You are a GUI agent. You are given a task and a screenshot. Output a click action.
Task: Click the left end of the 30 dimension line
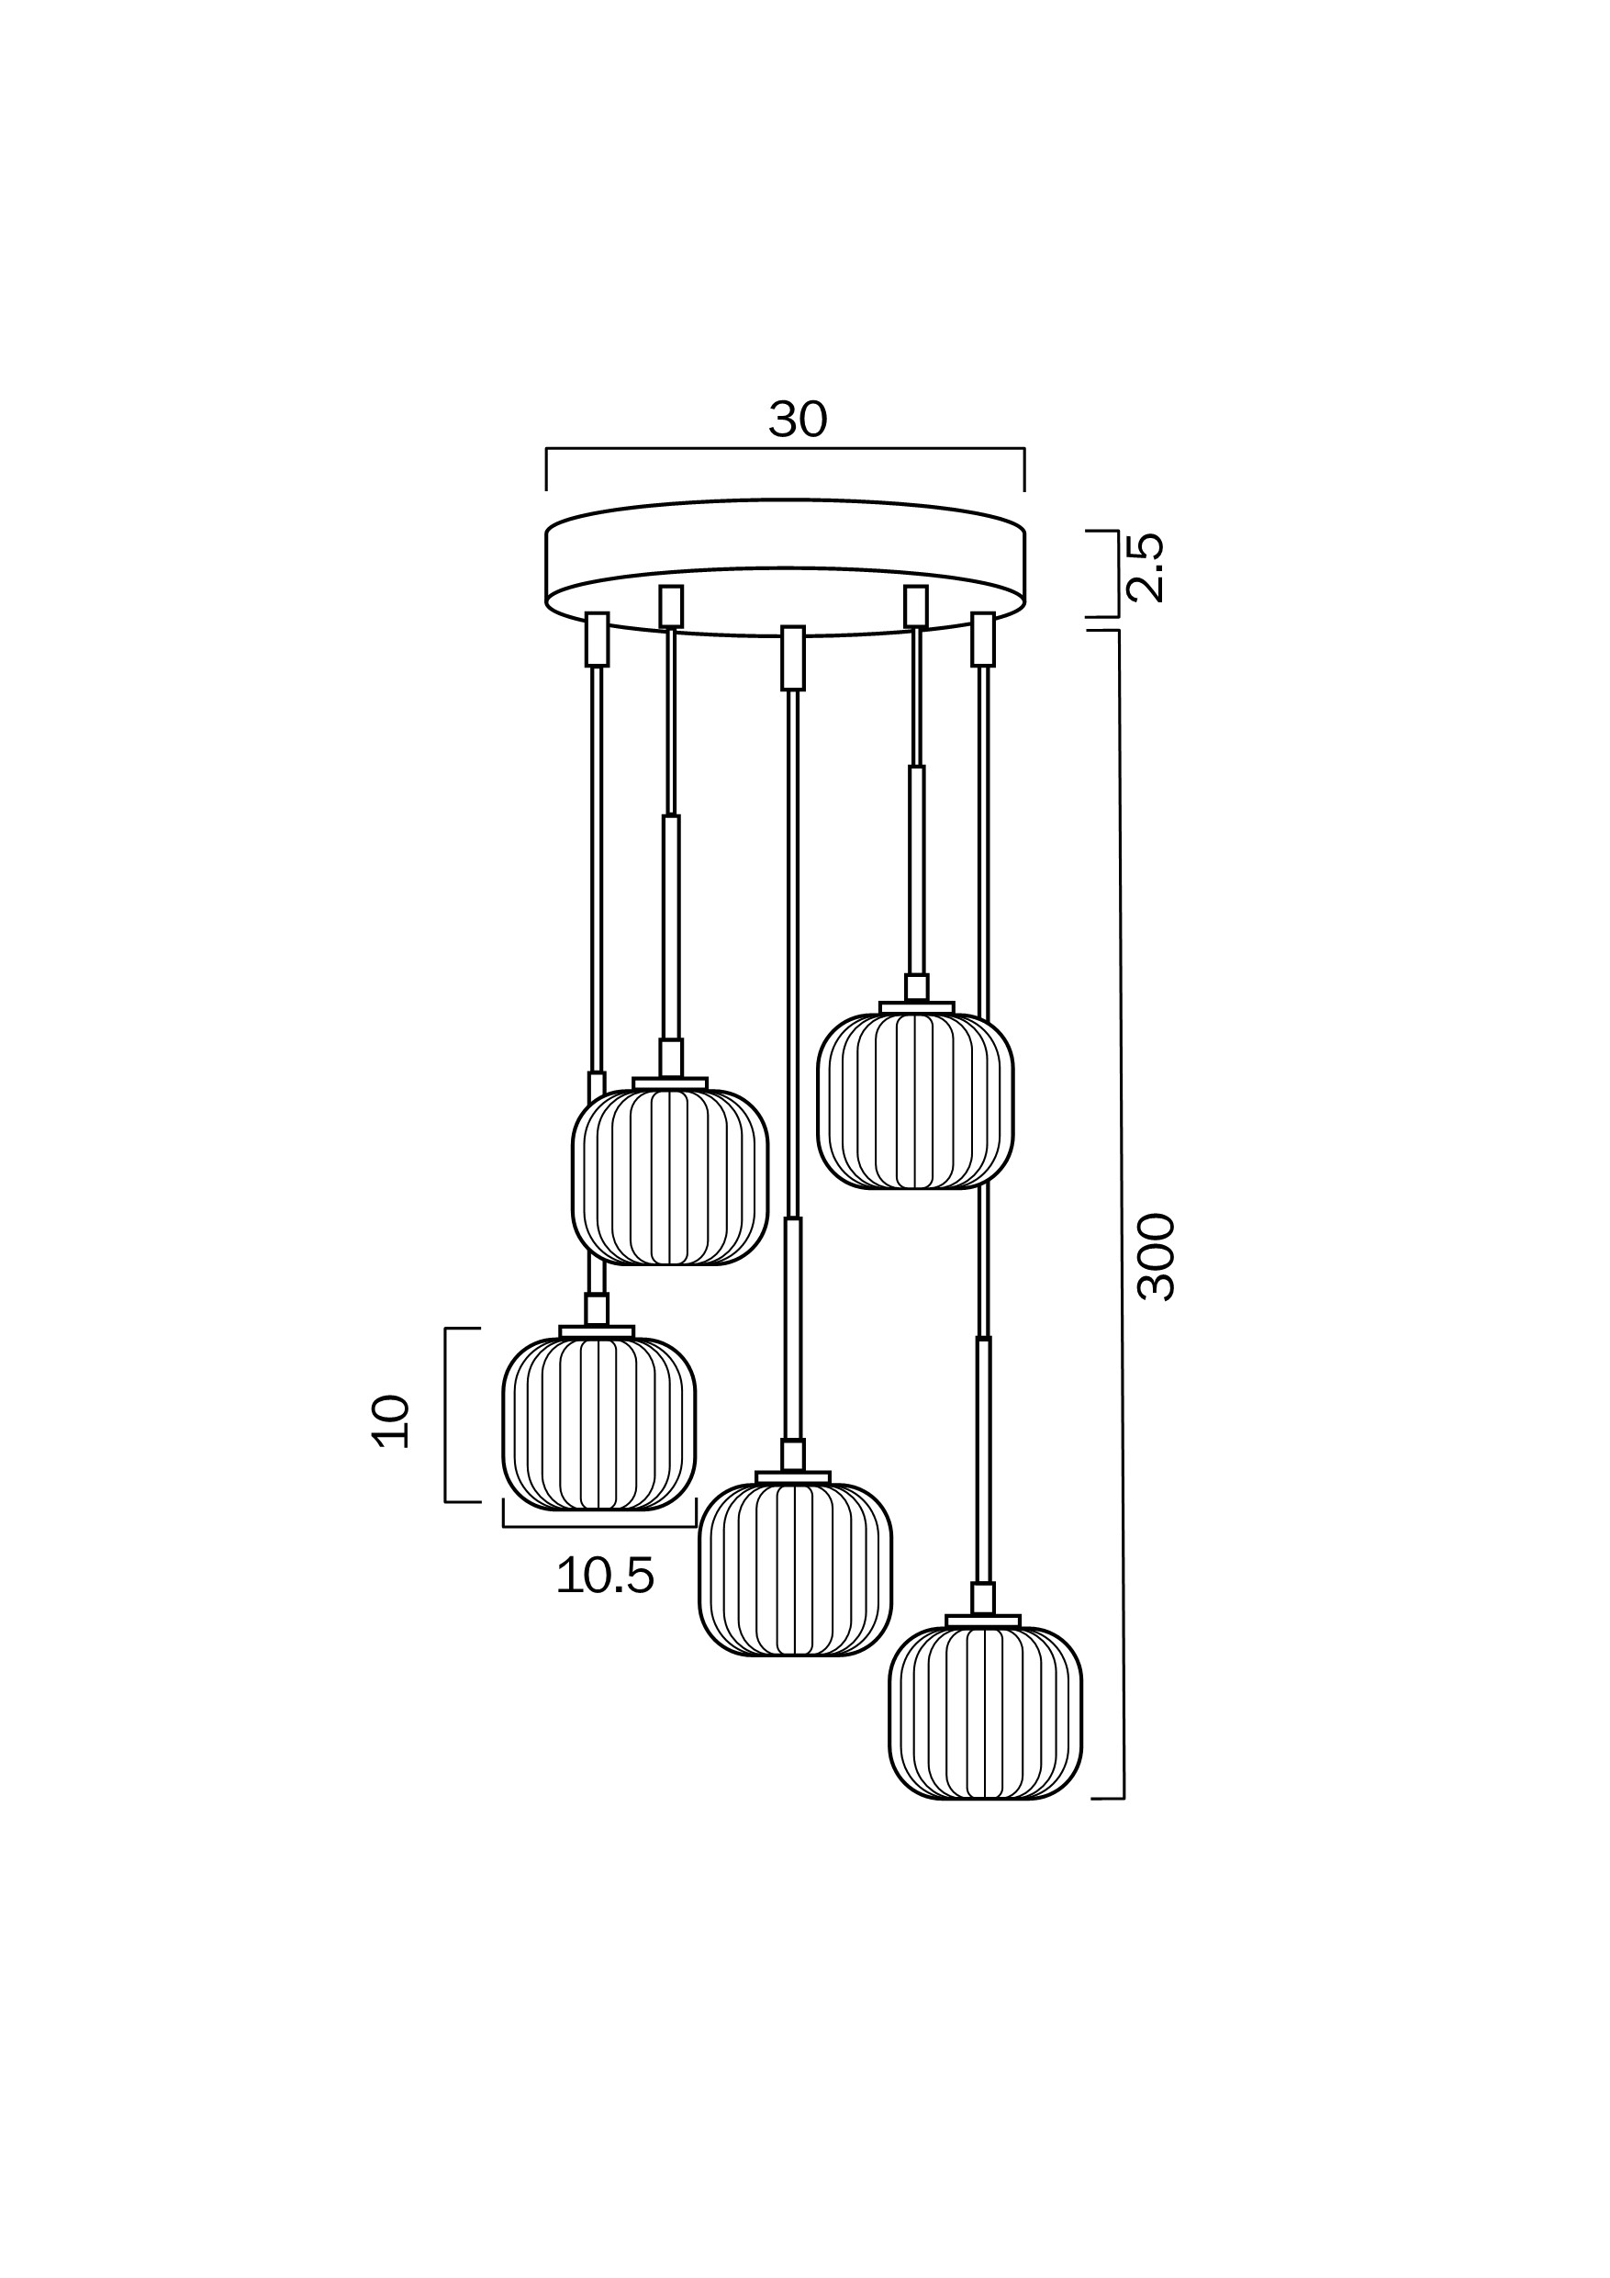(546, 450)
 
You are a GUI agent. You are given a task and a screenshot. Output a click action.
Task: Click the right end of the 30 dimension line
(1023, 450)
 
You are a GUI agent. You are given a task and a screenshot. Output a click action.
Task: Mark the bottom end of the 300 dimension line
(1123, 1798)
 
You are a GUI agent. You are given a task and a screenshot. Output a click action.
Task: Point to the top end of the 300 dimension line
(1119, 630)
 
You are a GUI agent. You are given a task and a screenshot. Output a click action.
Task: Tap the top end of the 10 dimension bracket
(445, 1329)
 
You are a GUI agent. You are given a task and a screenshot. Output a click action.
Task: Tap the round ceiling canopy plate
(785, 567)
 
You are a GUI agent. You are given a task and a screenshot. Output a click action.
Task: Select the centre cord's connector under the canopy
(792, 656)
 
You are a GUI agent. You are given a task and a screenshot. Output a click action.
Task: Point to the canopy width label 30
(798, 421)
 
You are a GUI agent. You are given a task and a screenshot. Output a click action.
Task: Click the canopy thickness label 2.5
(1146, 567)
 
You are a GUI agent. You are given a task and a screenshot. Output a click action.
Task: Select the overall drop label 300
(1157, 1256)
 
